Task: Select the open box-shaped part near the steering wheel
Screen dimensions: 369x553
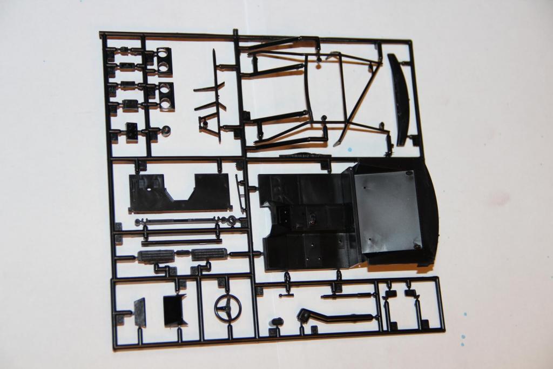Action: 174,311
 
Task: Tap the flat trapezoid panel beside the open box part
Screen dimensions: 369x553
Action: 140,312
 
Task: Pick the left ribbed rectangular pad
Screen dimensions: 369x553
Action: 156,256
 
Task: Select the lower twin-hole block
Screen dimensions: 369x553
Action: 165,96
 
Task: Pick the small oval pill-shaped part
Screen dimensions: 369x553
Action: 276,322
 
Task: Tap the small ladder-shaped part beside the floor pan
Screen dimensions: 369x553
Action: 241,193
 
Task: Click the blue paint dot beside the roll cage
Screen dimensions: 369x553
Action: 350,149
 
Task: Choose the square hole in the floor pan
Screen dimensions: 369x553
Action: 284,214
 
